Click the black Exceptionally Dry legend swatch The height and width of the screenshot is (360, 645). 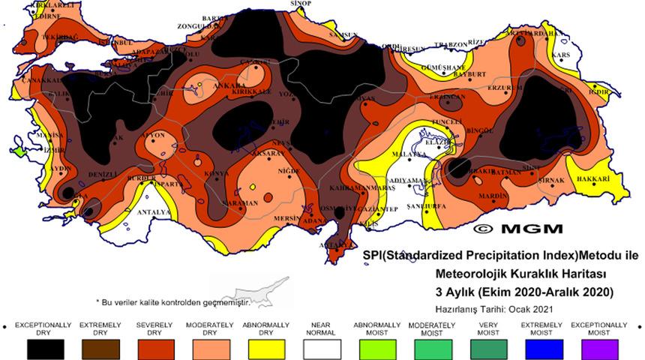(46, 349)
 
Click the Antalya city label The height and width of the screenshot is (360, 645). (152, 211)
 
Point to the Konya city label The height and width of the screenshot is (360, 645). (217, 173)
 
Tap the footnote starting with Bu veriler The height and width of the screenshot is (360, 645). (173, 301)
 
